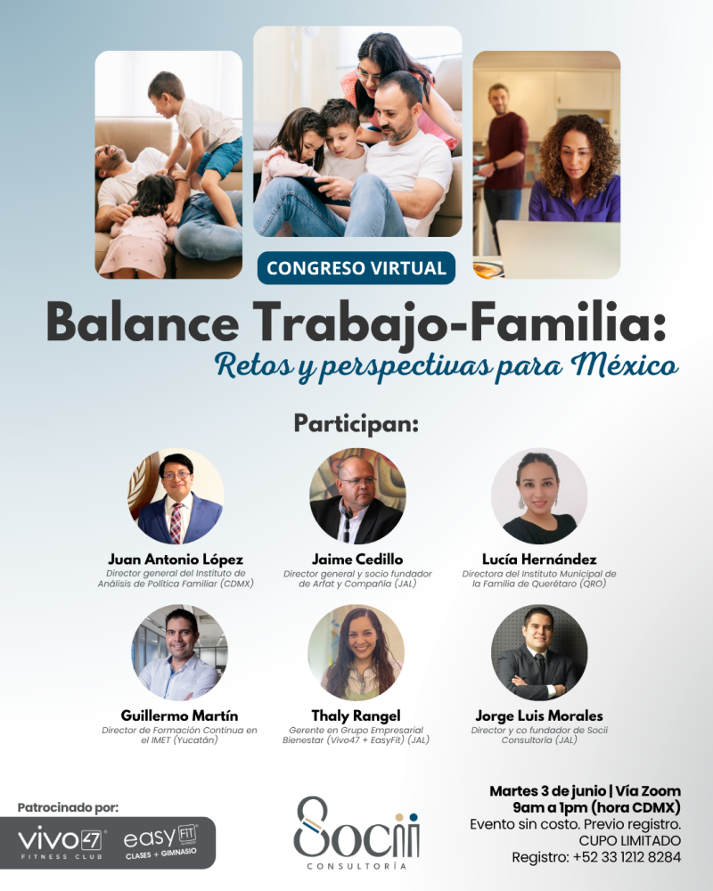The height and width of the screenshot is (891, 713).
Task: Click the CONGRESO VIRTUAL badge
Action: (356, 267)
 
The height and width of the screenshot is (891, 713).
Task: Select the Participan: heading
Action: (356, 424)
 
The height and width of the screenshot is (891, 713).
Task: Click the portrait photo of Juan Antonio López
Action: (176, 496)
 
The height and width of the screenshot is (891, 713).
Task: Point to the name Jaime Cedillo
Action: (357, 560)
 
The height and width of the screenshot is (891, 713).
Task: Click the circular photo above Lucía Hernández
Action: (539, 496)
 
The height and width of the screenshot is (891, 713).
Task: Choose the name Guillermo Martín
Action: (179, 715)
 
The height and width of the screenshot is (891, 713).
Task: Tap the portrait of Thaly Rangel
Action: (356, 652)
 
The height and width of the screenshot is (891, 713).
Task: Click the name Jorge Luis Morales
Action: (539, 716)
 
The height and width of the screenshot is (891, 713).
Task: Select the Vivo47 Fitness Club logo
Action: (61, 843)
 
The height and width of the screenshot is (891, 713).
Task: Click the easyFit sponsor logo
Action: (161, 842)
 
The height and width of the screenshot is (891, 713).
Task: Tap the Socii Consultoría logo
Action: (356, 832)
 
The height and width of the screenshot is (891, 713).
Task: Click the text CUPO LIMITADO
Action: (629, 840)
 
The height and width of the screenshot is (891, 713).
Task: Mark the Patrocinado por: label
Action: (69, 807)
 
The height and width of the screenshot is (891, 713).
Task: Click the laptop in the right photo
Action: (558, 249)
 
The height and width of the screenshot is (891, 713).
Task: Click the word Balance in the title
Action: (143, 322)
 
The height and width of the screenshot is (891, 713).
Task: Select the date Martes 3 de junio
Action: (547, 791)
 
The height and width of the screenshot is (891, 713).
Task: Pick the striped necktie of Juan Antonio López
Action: (176, 521)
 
